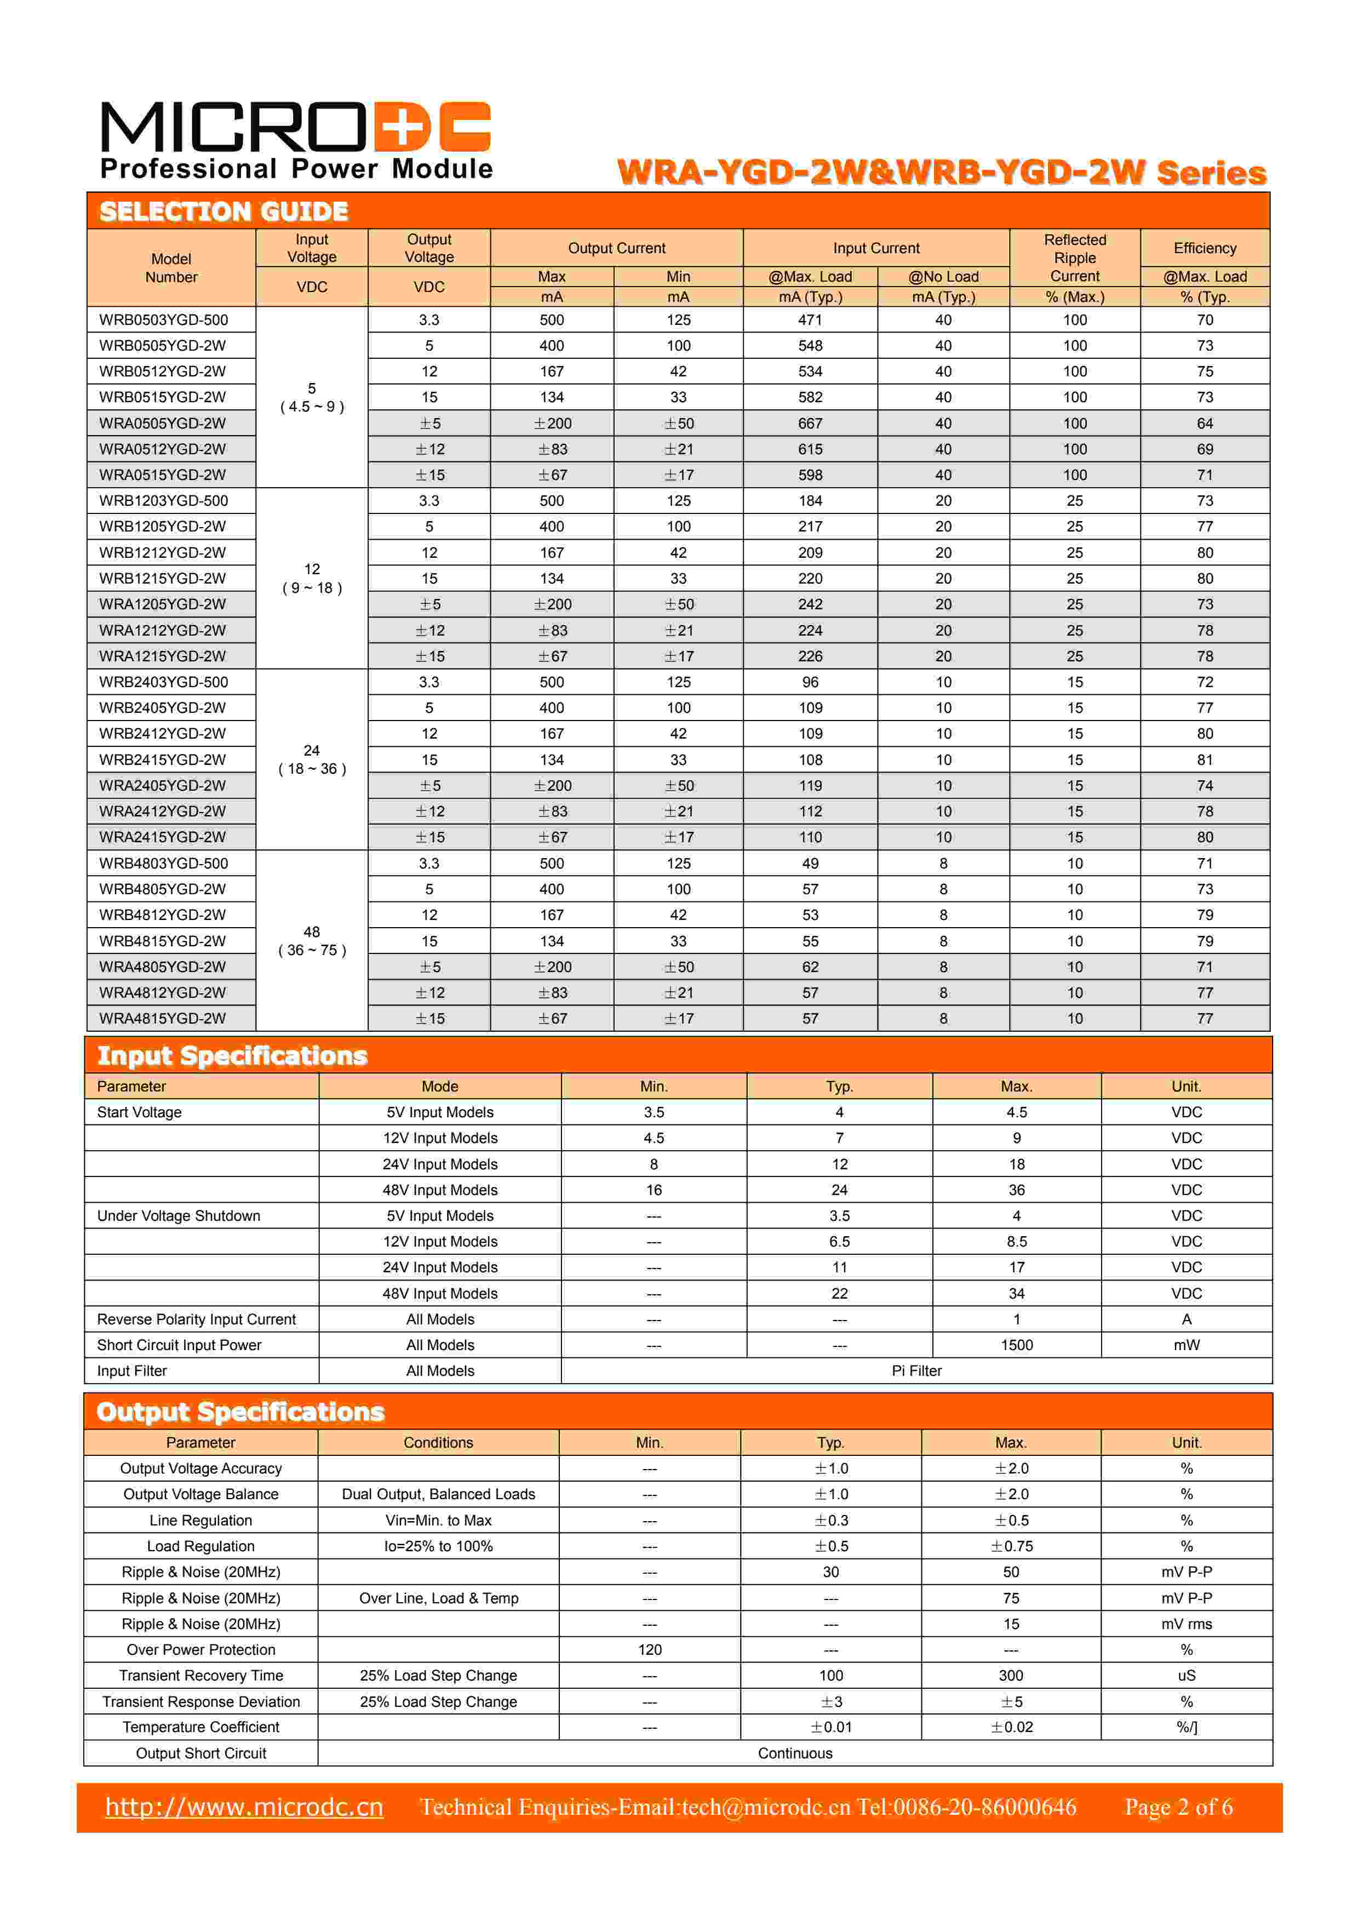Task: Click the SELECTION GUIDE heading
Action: [x=224, y=212]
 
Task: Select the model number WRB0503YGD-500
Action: [x=163, y=319]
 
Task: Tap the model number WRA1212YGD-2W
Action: [x=162, y=631]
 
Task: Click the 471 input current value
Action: [x=810, y=319]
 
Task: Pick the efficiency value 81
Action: [x=1204, y=759]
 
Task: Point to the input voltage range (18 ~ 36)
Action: [x=312, y=769]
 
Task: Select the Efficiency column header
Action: [x=1204, y=248]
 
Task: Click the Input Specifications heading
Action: [x=232, y=1056]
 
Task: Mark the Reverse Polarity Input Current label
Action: [x=197, y=1319]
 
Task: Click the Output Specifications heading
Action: [x=240, y=1413]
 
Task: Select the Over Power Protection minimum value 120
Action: [x=650, y=1650]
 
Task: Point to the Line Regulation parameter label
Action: [x=200, y=1521]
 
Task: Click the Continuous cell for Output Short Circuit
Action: [x=794, y=1753]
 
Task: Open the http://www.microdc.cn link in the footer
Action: [x=244, y=1808]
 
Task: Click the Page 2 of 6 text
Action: [x=1178, y=1808]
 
